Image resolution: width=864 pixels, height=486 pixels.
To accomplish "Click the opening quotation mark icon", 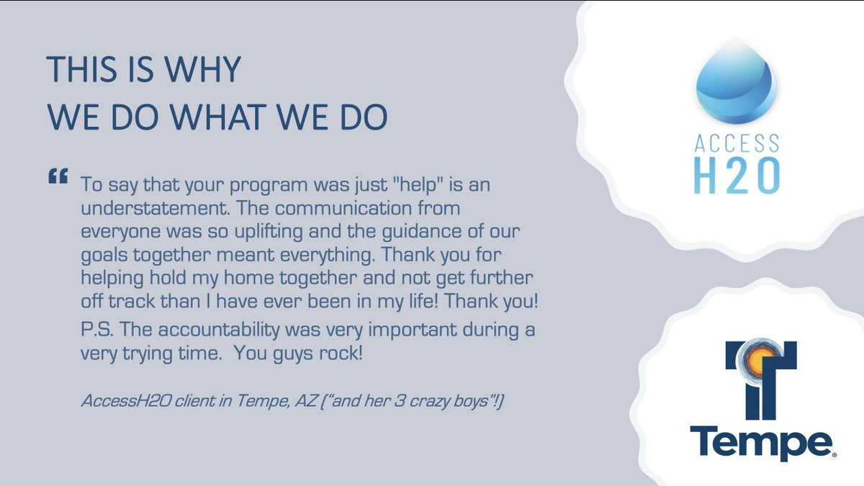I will [x=58, y=176].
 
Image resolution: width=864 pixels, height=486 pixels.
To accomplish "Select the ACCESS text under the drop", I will [x=736, y=144].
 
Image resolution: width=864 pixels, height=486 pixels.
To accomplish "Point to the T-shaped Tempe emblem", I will [x=760, y=382].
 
